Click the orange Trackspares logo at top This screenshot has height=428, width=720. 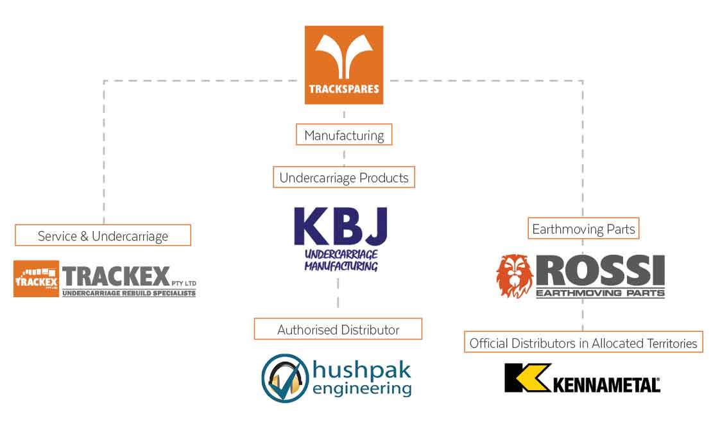tap(343, 64)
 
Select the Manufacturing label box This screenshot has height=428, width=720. tap(343, 135)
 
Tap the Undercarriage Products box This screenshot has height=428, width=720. tap(343, 178)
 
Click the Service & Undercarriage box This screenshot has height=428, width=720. tap(103, 235)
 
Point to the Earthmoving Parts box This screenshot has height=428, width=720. tap(583, 229)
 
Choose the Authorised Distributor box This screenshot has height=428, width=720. tap(338, 329)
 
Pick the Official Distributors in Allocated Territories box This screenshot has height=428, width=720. tap(583, 343)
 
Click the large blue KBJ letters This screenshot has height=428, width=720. tap(341, 227)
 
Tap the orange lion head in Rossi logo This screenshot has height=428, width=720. tap(514, 276)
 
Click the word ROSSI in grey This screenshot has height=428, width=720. tap(601, 271)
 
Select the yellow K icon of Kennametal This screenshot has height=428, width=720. tap(527, 377)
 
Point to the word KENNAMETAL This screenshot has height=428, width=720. tap(606, 384)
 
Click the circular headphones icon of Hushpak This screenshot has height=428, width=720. tap(285, 379)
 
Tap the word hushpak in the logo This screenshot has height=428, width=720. tap(361, 370)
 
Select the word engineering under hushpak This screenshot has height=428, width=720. tap(362, 388)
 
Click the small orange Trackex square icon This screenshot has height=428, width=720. tap(37, 278)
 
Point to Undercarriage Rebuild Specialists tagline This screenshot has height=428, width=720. tap(128, 293)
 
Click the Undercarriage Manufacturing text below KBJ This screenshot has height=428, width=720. tap(341, 259)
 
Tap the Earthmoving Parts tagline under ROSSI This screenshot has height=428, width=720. tap(600, 293)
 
